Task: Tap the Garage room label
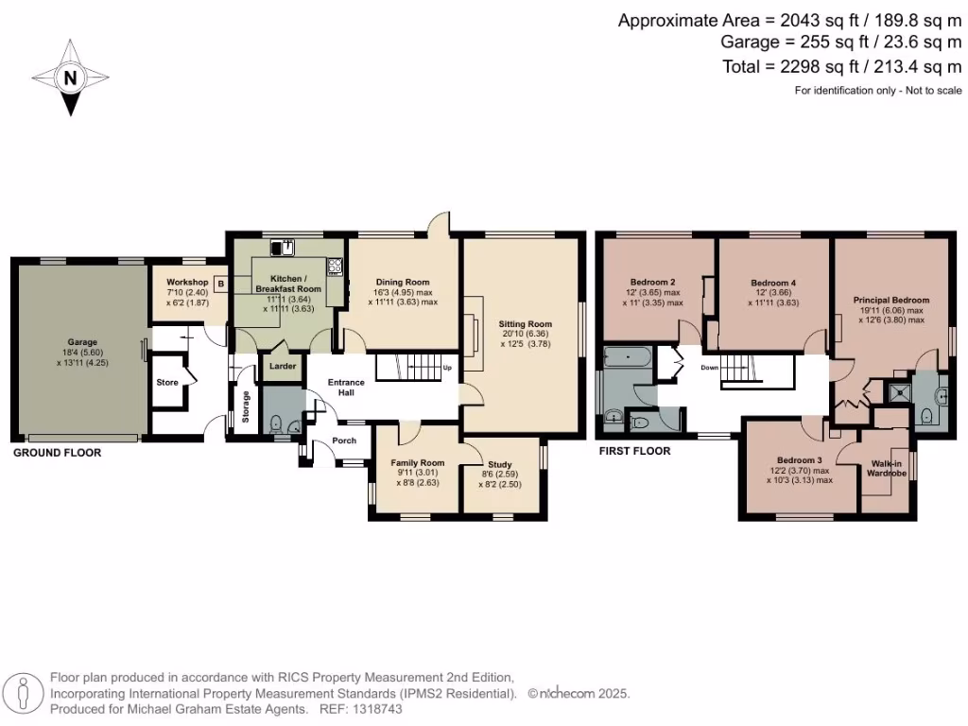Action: pyautogui.click(x=82, y=342)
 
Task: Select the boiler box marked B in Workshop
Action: pyautogui.click(x=220, y=283)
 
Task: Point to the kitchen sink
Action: pyautogui.click(x=283, y=248)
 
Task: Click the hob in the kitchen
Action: pyautogui.click(x=335, y=267)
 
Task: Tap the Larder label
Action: pyautogui.click(x=282, y=366)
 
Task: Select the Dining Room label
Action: pyautogui.click(x=403, y=282)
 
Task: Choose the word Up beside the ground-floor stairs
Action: pyautogui.click(x=447, y=367)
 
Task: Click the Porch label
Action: pyautogui.click(x=343, y=440)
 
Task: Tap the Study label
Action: pyautogui.click(x=500, y=464)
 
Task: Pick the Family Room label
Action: pyautogui.click(x=418, y=462)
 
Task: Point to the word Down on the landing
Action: pyautogui.click(x=711, y=367)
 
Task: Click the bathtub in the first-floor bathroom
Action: pyautogui.click(x=627, y=358)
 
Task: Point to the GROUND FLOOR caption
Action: pyautogui.click(x=57, y=453)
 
